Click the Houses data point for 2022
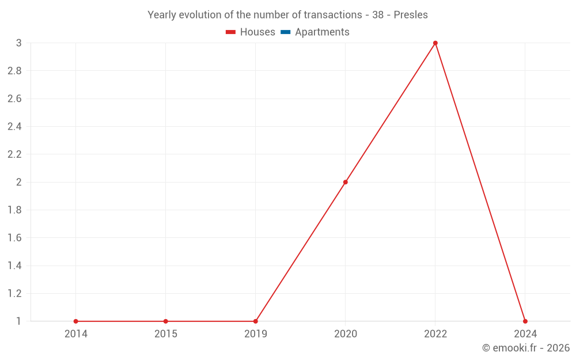(435, 43)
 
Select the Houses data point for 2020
(346, 182)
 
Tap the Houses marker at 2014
(76, 321)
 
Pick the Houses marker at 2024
(525, 321)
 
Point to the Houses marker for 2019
(256, 321)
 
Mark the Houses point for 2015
(166, 321)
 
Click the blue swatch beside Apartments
(286, 32)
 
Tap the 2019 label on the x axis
(256, 334)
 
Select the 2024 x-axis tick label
(525, 334)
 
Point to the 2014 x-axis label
(76, 334)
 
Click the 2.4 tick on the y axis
(14, 127)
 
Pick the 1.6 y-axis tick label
(14, 238)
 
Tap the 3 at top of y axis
(18, 43)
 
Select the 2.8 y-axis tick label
(14, 71)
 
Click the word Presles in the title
(411, 15)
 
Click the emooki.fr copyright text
(526, 348)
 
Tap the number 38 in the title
(378, 15)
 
